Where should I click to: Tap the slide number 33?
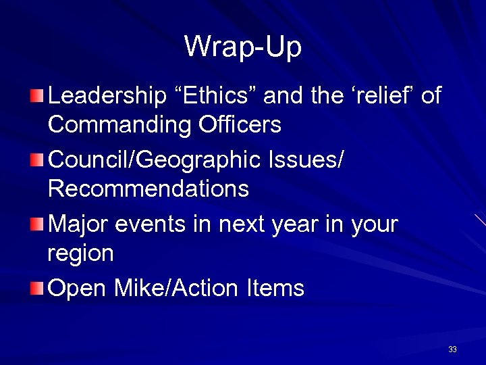[x=452, y=349]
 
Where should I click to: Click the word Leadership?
[x=107, y=96]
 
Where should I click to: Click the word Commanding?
[x=110, y=125]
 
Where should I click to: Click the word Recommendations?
[x=148, y=189]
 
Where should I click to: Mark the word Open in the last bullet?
[x=78, y=289]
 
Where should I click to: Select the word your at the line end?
[x=375, y=224]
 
